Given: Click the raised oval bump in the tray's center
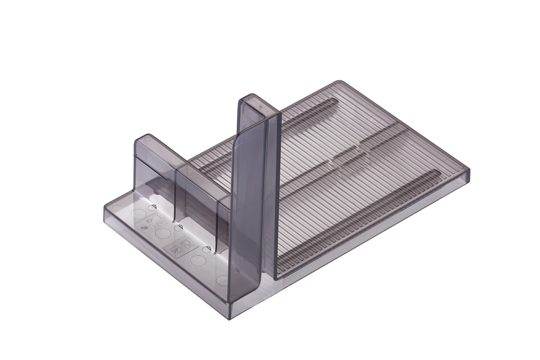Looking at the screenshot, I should [351, 158].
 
